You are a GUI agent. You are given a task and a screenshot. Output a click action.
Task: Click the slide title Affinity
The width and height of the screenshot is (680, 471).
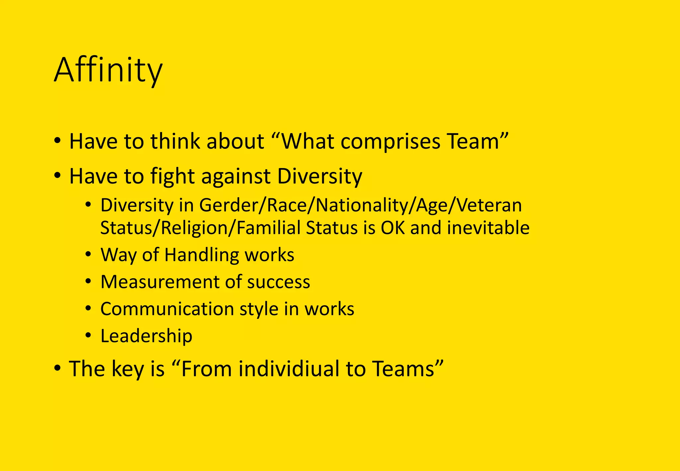coord(108,70)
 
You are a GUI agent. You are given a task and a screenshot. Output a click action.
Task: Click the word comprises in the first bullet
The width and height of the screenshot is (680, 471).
coord(391,142)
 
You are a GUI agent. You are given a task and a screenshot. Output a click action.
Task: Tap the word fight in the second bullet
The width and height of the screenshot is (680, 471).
coord(172,176)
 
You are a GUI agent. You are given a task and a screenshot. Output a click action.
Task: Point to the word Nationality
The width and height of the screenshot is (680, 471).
coord(362,205)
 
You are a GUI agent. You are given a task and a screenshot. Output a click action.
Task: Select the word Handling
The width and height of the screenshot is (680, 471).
coord(202,255)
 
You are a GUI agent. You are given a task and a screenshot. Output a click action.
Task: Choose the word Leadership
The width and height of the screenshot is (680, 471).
coord(146,336)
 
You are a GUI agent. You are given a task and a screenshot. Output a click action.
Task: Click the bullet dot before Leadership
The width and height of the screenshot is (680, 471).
coord(88,335)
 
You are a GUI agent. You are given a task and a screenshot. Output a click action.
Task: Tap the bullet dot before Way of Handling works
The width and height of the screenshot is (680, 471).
coord(88,255)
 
